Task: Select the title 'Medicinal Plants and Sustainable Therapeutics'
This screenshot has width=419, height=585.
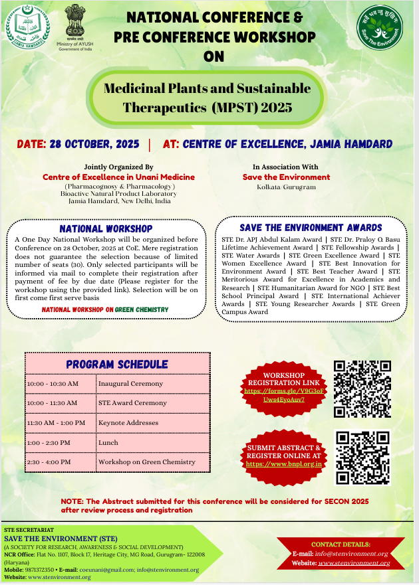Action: tap(208, 97)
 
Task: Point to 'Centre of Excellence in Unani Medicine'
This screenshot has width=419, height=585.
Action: tap(119, 177)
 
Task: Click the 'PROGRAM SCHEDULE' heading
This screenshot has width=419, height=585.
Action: tap(117, 364)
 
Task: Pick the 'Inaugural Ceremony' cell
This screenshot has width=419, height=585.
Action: tap(130, 384)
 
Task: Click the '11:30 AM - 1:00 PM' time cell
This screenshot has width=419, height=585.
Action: tap(56, 422)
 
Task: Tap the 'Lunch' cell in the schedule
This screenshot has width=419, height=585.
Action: tap(108, 442)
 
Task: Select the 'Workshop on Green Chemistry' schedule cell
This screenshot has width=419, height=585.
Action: tap(147, 461)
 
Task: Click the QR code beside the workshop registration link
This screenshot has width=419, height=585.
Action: tap(361, 388)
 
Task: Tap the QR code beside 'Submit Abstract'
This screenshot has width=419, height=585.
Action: tap(361, 458)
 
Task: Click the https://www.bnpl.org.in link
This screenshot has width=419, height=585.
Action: tap(284, 464)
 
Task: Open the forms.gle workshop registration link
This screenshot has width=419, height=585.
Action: tap(284, 396)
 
